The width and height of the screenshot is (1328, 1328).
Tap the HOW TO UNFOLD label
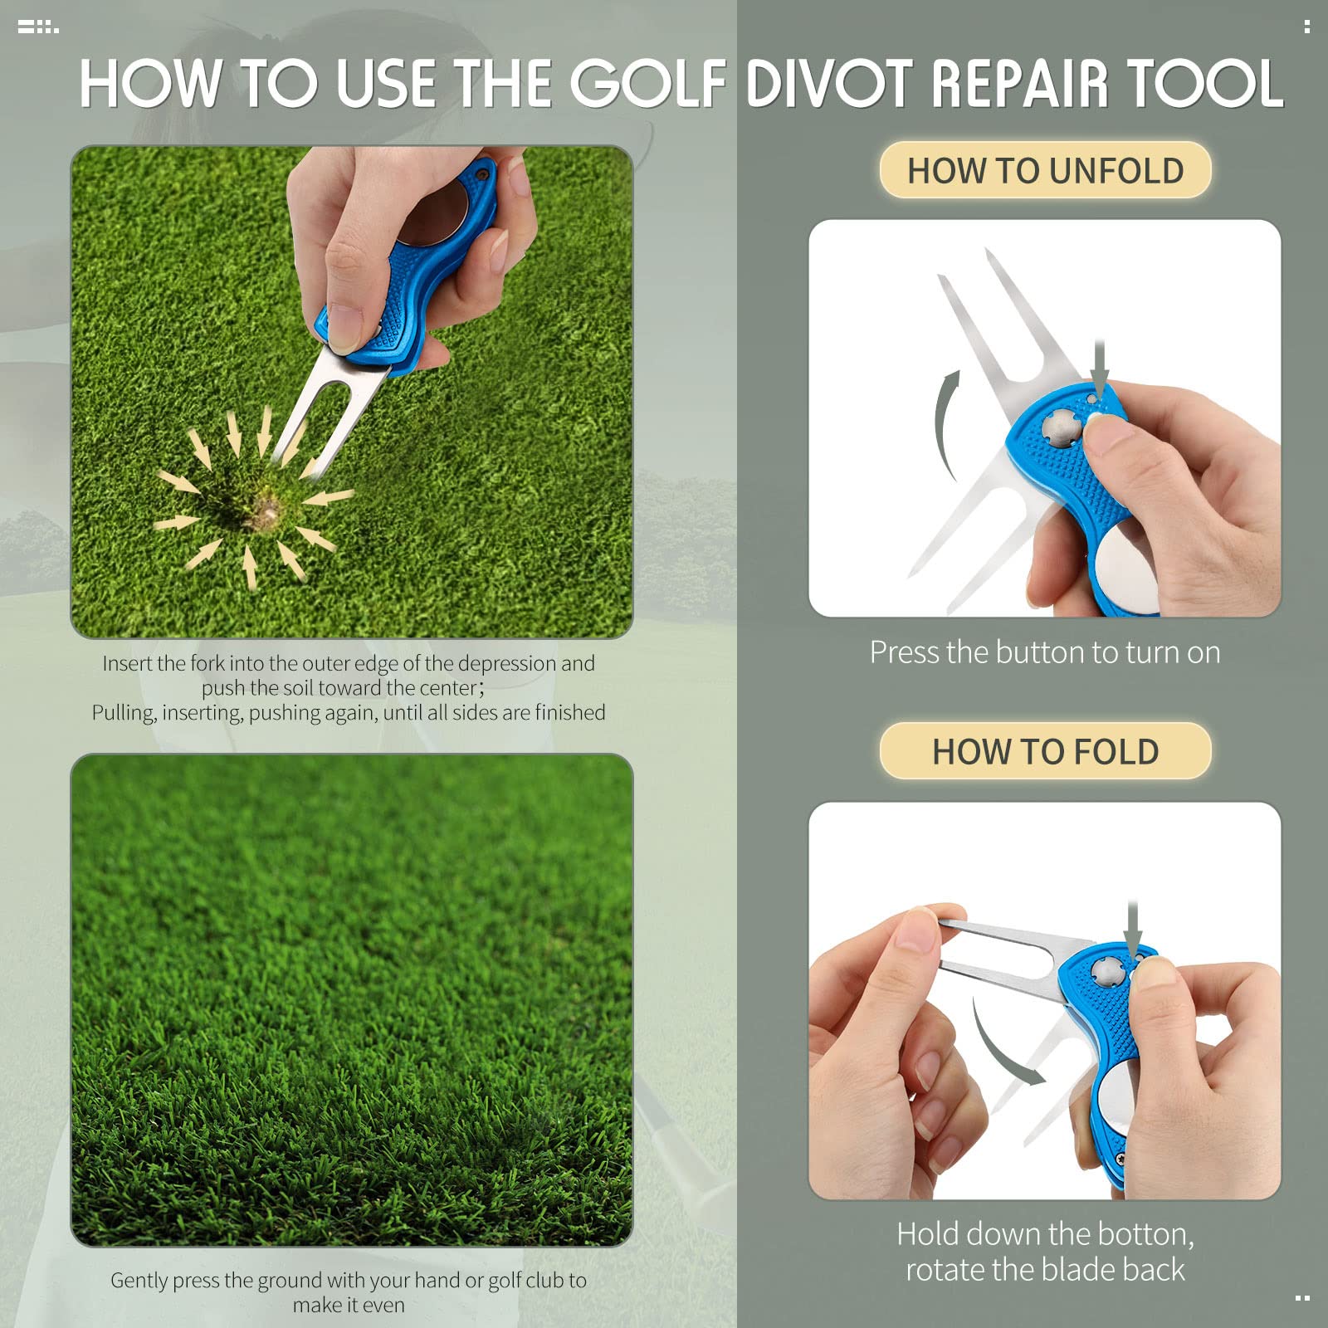tap(1045, 171)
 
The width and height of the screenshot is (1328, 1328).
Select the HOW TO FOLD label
tap(1045, 752)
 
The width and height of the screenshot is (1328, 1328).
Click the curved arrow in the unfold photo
tap(945, 423)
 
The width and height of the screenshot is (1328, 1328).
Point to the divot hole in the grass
tap(264, 506)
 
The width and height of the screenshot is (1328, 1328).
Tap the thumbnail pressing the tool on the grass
tap(344, 325)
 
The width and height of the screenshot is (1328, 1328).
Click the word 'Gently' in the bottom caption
tap(139, 1281)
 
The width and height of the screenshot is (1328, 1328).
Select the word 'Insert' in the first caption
tap(127, 664)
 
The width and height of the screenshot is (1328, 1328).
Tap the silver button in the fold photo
tap(1105, 969)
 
